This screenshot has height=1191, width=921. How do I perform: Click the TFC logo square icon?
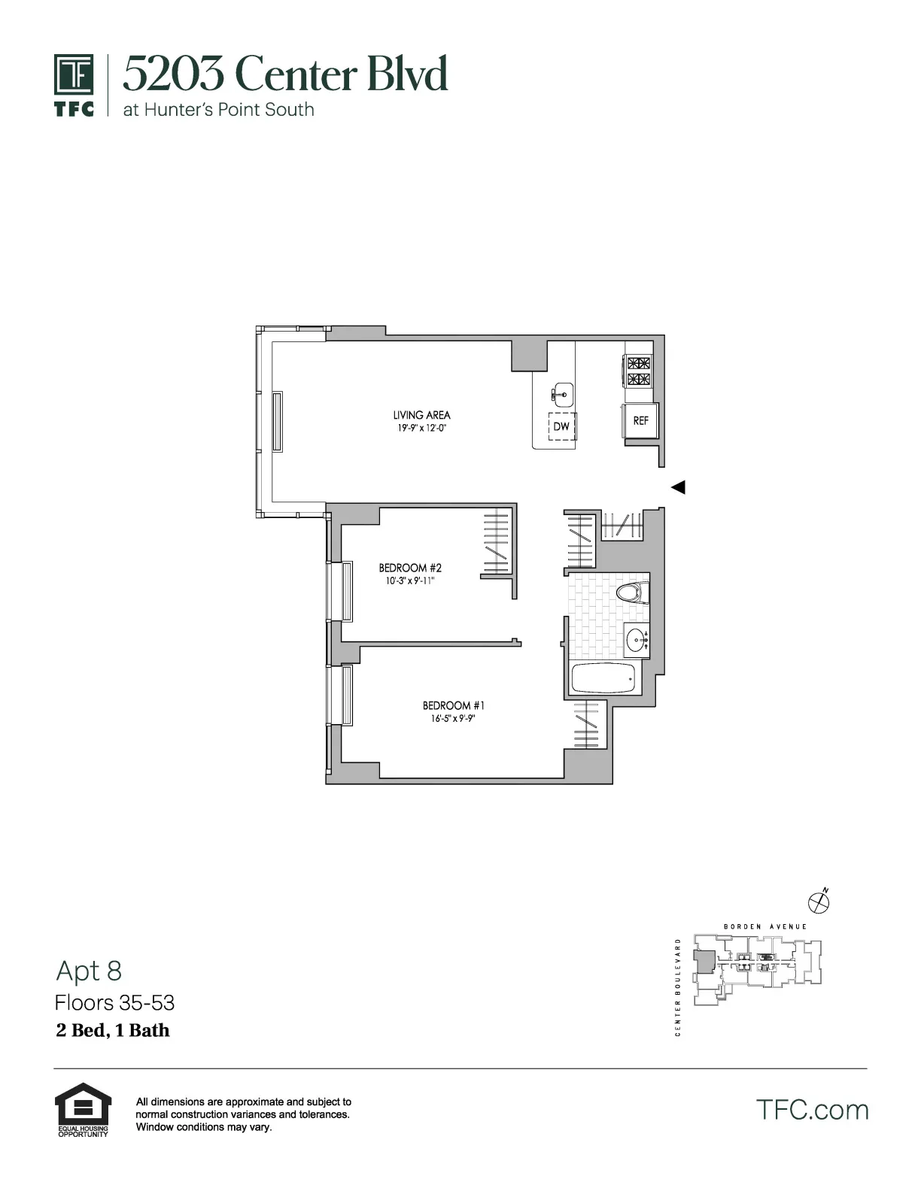(74, 75)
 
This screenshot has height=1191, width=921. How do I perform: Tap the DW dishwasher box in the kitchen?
(561, 426)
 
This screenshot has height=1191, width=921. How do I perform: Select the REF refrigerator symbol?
(640, 421)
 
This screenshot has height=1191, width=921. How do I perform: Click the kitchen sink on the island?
(561, 392)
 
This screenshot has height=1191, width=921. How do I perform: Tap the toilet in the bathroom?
(632, 592)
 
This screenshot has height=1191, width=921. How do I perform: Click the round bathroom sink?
(637, 641)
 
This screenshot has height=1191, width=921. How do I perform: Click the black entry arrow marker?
(678, 487)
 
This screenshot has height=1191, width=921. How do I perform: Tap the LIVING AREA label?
(421, 415)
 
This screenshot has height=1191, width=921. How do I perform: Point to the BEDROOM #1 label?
(453, 705)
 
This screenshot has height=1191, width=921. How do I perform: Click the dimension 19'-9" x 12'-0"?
(421, 429)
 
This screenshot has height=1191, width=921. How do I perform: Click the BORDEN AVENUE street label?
(764, 927)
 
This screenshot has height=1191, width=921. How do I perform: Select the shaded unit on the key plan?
(705, 962)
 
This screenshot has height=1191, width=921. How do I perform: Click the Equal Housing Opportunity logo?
(83, 1109)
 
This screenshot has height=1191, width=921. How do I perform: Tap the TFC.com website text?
(812, 1110)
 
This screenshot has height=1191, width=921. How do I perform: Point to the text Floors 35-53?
(114, 1002)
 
